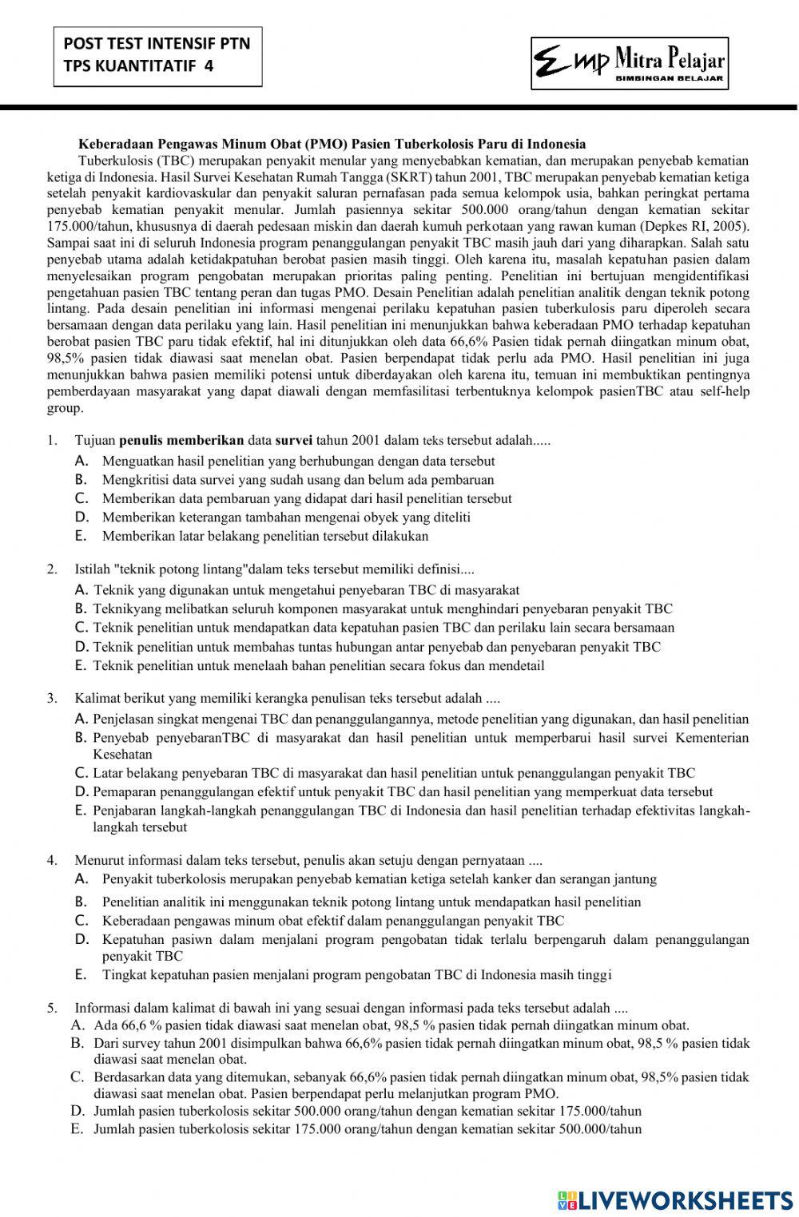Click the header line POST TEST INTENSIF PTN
click(157, 43)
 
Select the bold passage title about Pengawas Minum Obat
click(332, 145)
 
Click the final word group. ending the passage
click(65, 408)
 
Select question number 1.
click(52, 440)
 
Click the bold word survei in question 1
click(293, 440)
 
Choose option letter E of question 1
click(80, 536)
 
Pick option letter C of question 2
click(80, 628)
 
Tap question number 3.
click(52, 698)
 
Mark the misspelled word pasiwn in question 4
click(187, 940)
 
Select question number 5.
click(52, 1008)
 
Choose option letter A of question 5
click(78, 1025)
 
